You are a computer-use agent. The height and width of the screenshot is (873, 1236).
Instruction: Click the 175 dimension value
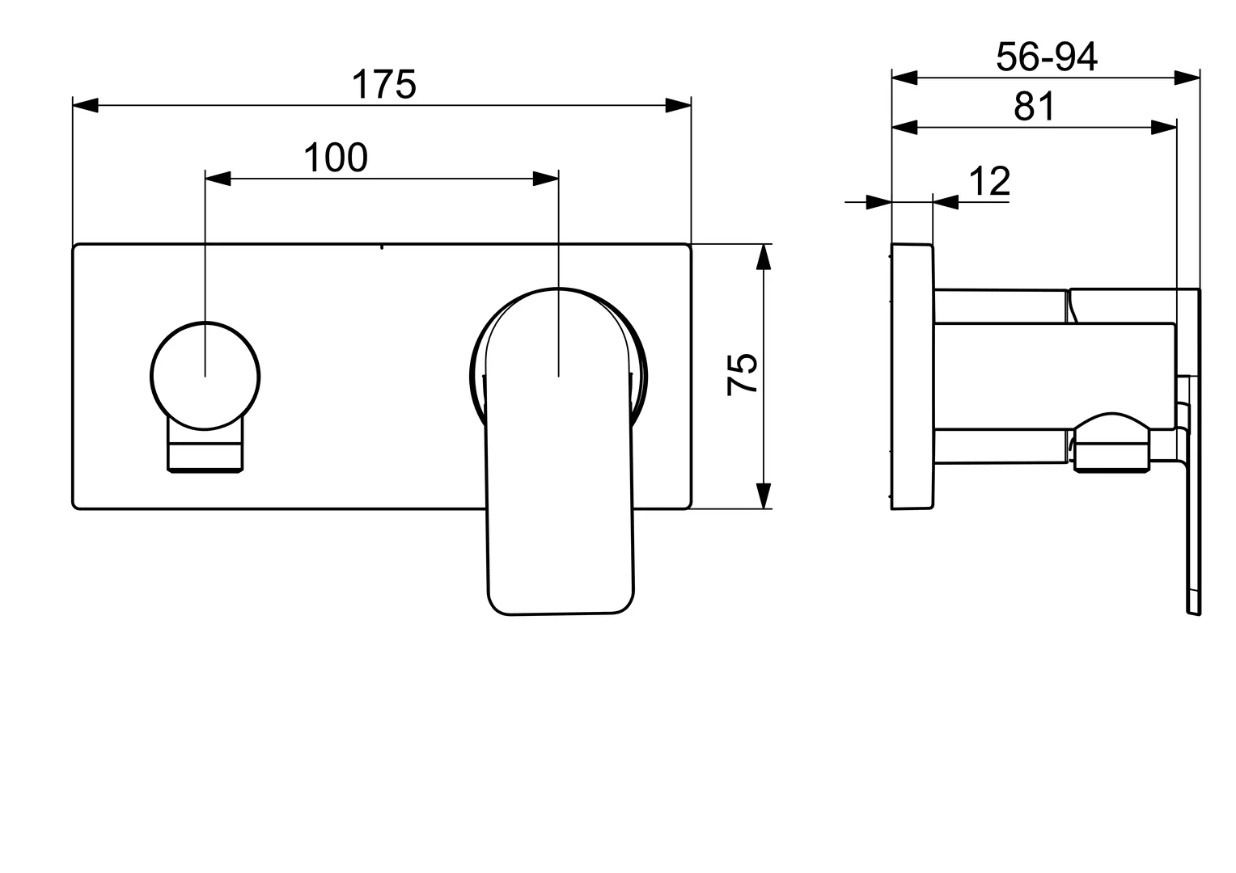(383, 85)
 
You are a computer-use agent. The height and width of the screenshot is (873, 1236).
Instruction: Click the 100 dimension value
(335, 158)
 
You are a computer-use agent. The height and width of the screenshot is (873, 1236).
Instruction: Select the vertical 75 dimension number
(743, 373)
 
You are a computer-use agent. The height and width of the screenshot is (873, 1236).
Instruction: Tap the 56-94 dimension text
(1046, 57)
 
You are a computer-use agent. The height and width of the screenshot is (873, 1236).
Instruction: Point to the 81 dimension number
(1035, 107)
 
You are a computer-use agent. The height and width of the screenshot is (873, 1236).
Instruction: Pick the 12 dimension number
(989, 182)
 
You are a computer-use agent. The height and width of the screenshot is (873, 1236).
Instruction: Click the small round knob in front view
(205, 376)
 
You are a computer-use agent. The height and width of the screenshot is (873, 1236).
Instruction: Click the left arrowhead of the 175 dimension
(85, 105)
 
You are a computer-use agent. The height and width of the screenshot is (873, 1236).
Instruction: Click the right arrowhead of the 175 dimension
(679, 105)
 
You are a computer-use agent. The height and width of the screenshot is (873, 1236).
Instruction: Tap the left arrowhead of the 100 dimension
(218, 179)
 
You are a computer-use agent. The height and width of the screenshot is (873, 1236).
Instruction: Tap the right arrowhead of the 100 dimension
(545, 179)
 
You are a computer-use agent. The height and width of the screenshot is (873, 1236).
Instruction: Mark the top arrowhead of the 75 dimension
(763, 256)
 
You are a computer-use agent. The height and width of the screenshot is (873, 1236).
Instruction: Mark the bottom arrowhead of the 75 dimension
(763, 496)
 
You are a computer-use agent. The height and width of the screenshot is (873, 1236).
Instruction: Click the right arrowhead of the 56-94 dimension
(1187, 78)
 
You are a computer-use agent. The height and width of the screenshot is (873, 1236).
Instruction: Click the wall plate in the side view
(912, 376)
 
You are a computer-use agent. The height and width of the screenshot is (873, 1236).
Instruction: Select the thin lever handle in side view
(1194, 485)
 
